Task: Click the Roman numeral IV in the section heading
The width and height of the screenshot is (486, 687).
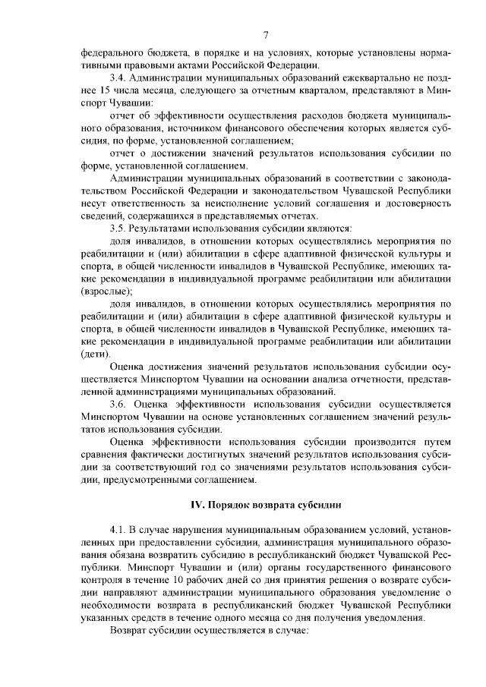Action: (195, 503)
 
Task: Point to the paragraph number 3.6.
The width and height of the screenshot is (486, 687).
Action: (118, 405)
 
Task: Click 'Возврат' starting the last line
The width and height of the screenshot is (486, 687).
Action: (131, 629)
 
